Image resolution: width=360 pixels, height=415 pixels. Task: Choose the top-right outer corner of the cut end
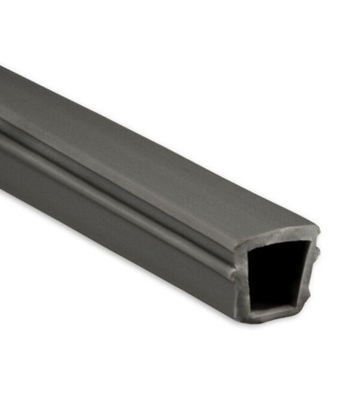[317, 228]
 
